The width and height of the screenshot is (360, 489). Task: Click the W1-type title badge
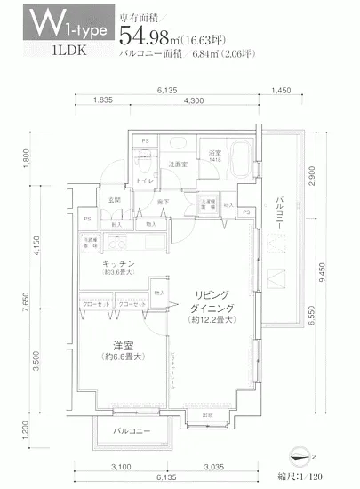[59, 27]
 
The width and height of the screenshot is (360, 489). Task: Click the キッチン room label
[118, 264]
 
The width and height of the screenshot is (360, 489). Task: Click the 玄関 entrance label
[115, 201]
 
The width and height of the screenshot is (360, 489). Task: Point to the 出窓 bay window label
[205, 415]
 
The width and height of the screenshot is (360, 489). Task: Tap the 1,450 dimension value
[281, 91]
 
